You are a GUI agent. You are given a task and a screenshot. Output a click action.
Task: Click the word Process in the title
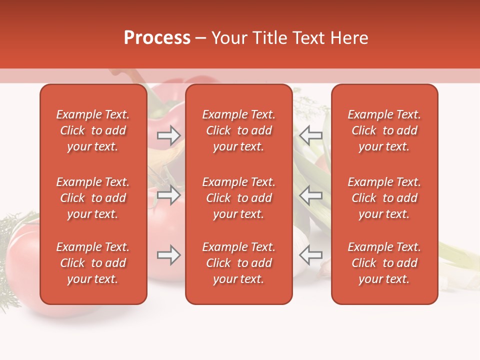pos(157,38)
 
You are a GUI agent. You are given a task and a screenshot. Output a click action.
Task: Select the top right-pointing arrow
pos(169,135)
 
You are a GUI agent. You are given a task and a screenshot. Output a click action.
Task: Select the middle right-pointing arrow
pos(169,195)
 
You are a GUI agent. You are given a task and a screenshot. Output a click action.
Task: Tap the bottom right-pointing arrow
pos(169,255)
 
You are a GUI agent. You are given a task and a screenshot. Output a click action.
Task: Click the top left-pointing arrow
pos(310,135)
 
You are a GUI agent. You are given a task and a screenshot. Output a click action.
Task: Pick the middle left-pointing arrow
pos(310,195)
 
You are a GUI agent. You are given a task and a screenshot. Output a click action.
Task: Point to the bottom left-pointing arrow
pos(310,255)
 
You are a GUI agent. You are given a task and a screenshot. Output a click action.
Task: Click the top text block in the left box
pos(93,130)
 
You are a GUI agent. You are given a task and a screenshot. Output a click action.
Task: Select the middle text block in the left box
pos(93,198)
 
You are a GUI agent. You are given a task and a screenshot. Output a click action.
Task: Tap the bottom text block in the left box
pos(93,263)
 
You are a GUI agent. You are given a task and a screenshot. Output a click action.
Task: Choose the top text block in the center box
pos(238,130)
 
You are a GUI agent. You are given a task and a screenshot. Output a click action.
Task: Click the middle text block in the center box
pos(238,198)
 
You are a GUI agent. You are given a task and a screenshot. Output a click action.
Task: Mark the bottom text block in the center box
pos(238,263)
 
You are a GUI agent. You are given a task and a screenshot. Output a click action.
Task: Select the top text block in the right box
pos(384,130)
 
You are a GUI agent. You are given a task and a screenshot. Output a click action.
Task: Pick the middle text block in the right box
pos(384,198)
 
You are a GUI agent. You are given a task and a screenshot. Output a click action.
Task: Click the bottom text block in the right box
pos(384,263)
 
